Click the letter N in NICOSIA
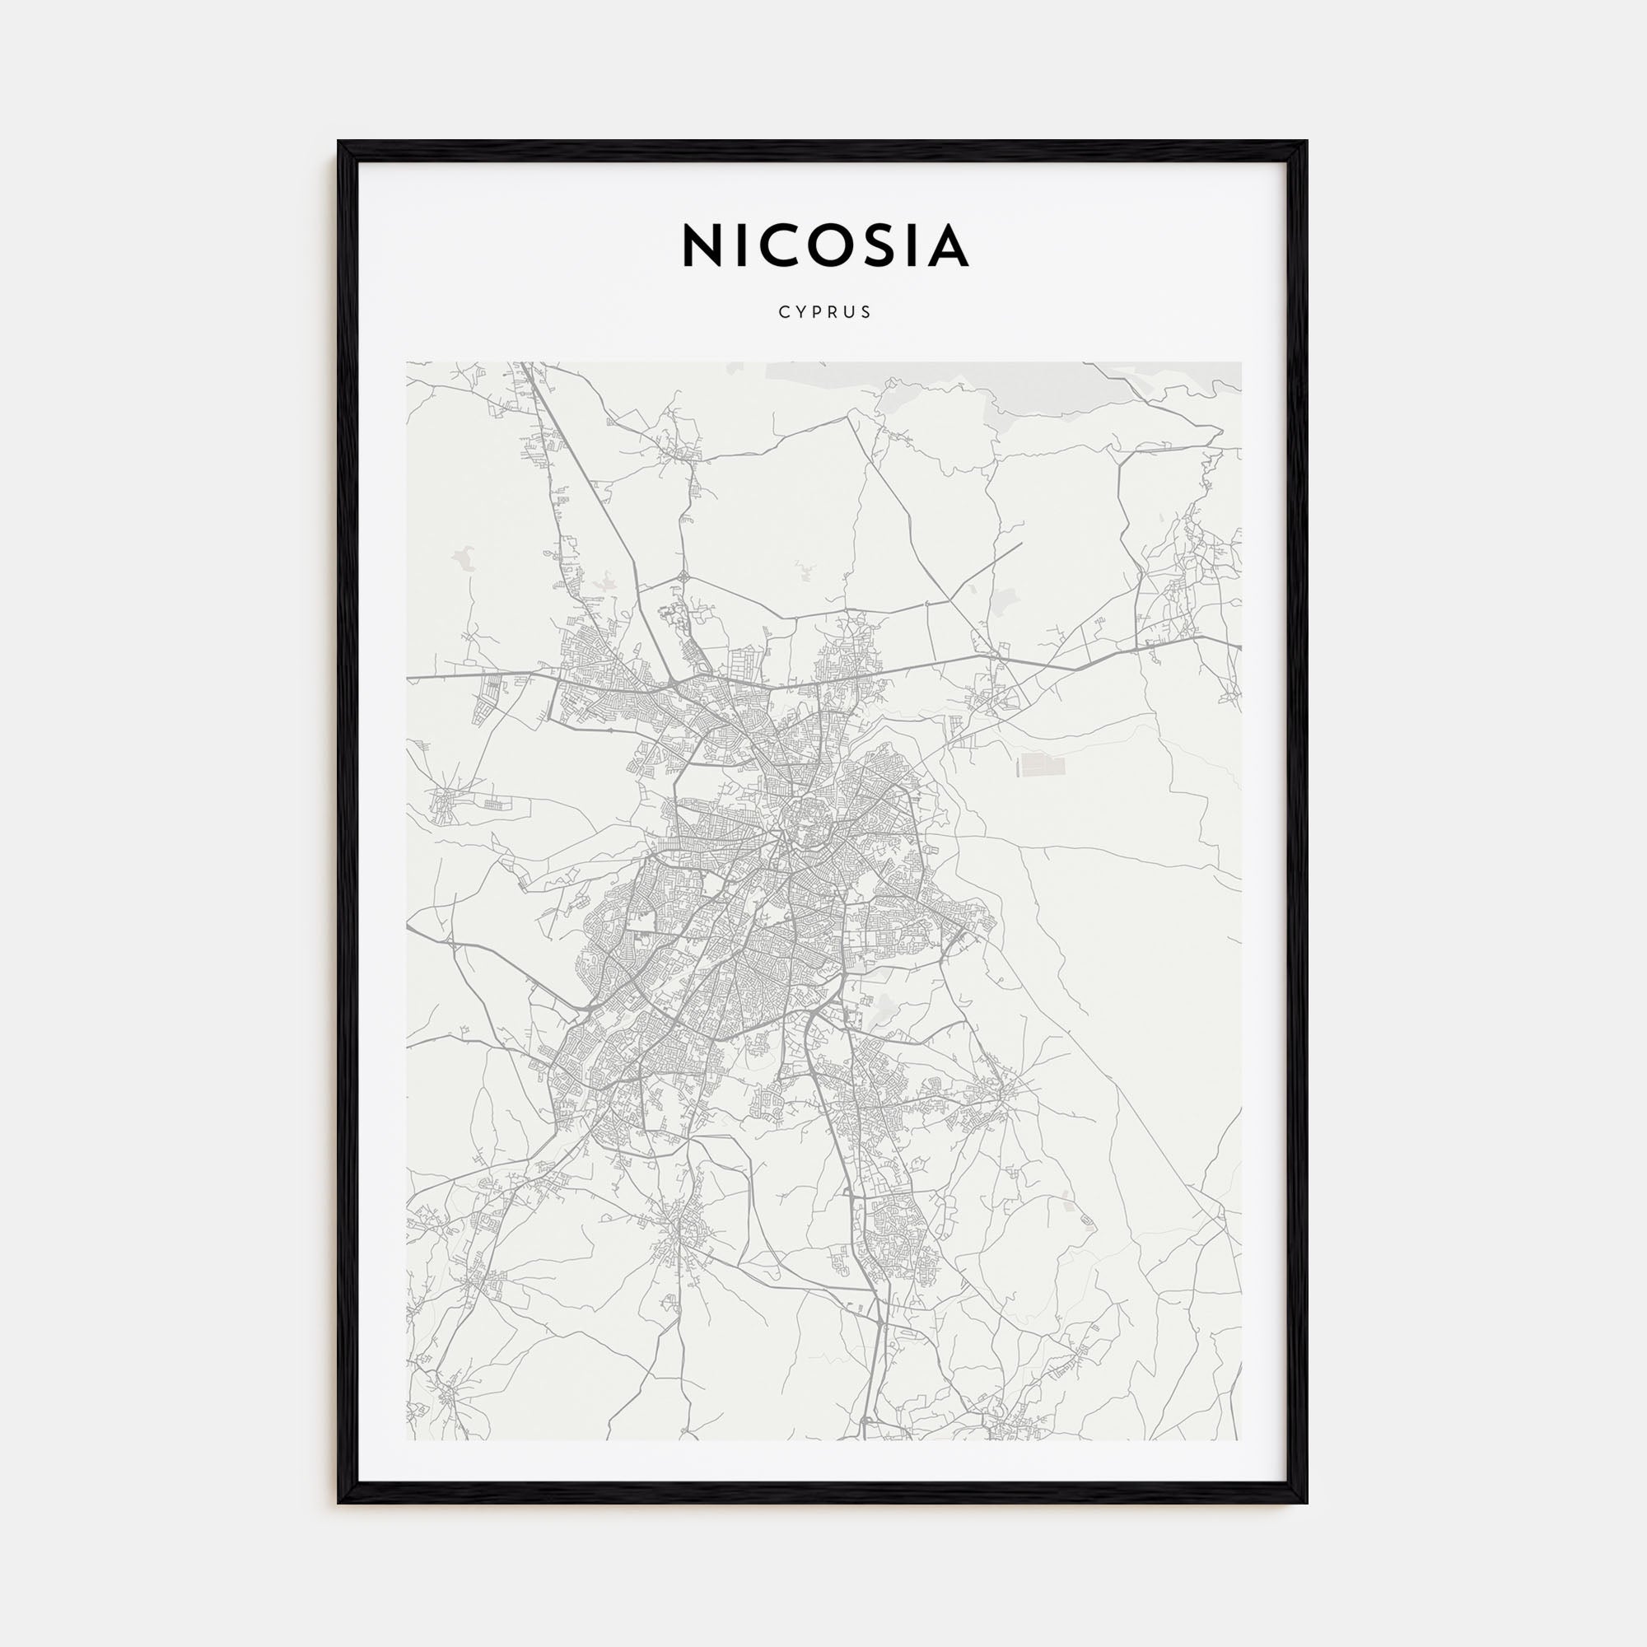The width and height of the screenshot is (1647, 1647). tap(702, 246)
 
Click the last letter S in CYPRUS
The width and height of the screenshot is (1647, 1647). tap(867, 312)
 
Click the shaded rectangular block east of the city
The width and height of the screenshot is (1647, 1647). tap(1037, 765)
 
